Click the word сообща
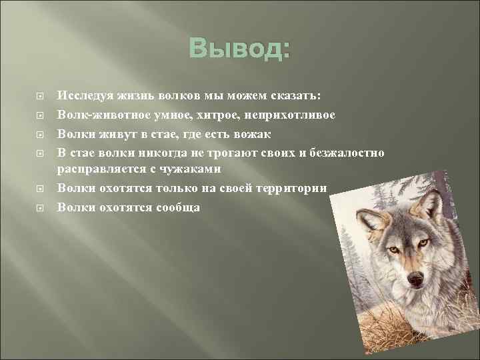tap(178, 207)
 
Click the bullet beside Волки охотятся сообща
tap(39, 207)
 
